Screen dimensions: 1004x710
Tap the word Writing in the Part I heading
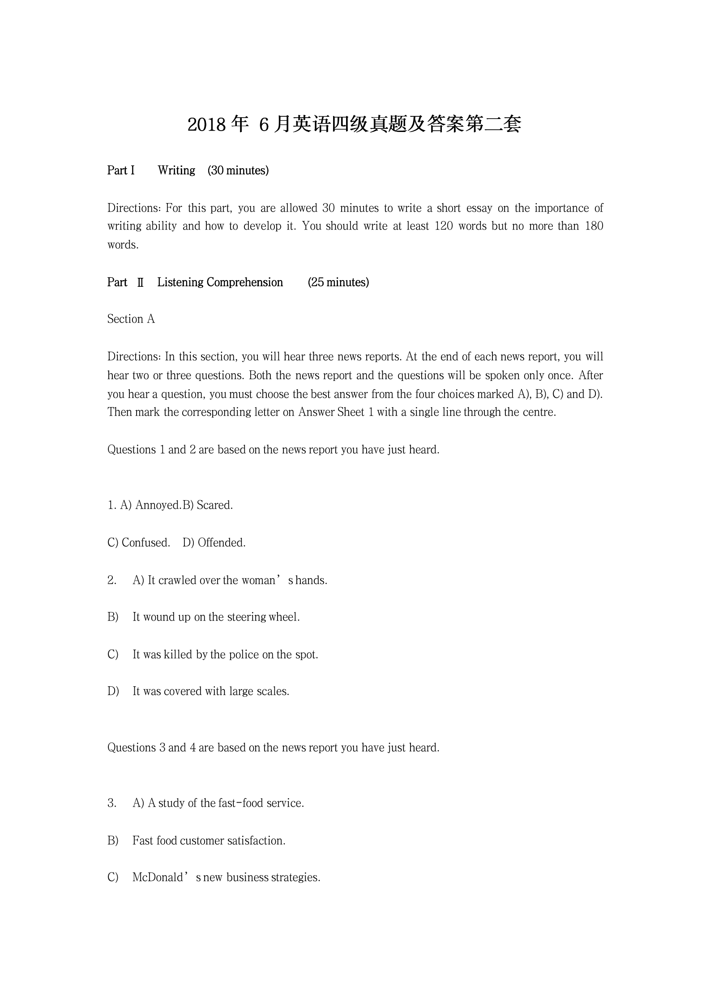[x=176, y=170]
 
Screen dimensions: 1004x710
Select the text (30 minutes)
[x=238, y=170]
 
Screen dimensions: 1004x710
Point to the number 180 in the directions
[x=594, y=226]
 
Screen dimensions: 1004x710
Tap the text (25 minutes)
[x=338, y=282]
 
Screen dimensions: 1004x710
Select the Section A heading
[x=131, y=319]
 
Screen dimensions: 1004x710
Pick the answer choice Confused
[x=145, y=543]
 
